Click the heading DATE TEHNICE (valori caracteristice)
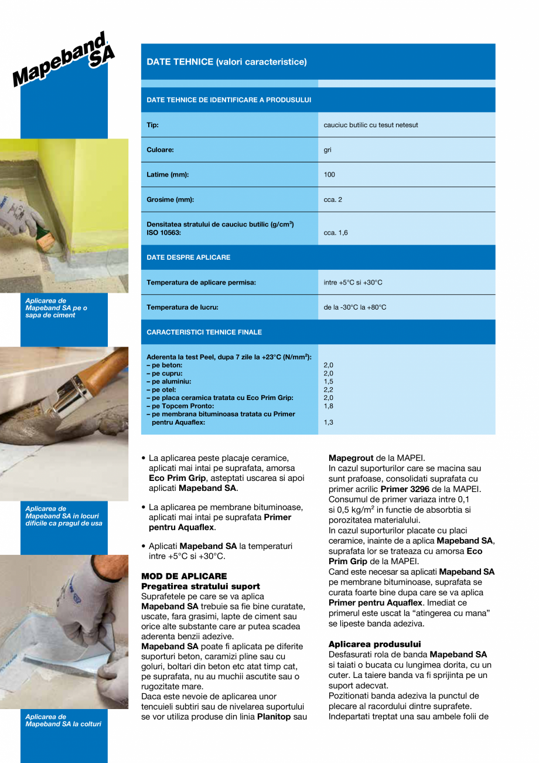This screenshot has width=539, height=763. click(x=226, y=62)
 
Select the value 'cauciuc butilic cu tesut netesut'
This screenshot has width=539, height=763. click(x=370, y=125)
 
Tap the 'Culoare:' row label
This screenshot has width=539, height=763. click(x=160, y=150)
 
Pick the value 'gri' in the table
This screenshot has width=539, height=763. click(x=328, y=150)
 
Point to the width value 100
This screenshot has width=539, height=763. click(x=329, y=175)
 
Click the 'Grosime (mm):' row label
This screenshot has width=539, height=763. click(x=170, y=199)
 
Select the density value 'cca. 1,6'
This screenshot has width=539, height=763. click(x=335, y=233)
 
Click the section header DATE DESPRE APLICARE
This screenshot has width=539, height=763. click(x=188, y=257)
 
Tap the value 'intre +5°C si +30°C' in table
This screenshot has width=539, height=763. click(x=353, y=283)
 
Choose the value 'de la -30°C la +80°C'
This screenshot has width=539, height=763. click(x=354, y=307)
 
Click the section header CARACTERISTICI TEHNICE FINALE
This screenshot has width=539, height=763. click(x=204, y=332)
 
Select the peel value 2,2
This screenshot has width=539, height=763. click(x=328, y=389)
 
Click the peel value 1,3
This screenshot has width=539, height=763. click(x=328, y=422)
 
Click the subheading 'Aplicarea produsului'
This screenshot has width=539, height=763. click(x=374, y=644)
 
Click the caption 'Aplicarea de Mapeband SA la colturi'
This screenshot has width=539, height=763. click(x=63, y=720)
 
